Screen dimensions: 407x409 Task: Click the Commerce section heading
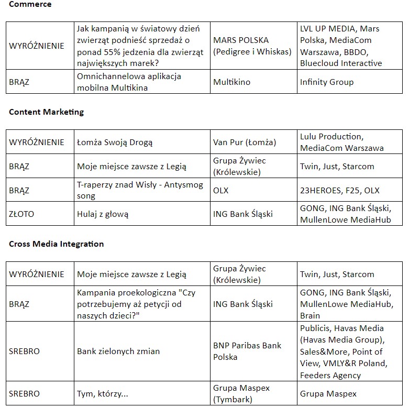pos(30,4)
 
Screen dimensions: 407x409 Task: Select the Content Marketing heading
pos(46,112)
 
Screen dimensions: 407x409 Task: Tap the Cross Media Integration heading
pos(56,244)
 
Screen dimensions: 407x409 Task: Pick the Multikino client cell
pos(231,82)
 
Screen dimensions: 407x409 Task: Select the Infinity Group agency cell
pos(327,82)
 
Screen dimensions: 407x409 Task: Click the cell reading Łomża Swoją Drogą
pos(115,142)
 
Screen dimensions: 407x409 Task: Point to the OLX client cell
pos(220,190)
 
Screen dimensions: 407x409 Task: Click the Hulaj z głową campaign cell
pos(103,214)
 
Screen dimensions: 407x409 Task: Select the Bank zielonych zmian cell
pos(118,351)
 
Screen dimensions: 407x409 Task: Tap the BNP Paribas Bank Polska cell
pos(247,351)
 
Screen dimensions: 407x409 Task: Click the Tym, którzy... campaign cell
pos(103,394)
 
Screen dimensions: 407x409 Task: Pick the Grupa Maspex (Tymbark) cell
pos(239,394)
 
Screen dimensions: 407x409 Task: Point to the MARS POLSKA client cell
pos(252,46)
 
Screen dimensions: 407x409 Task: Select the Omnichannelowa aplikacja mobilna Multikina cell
pos(129,82)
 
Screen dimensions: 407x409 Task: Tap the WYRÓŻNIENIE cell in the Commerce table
pos(37,46)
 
